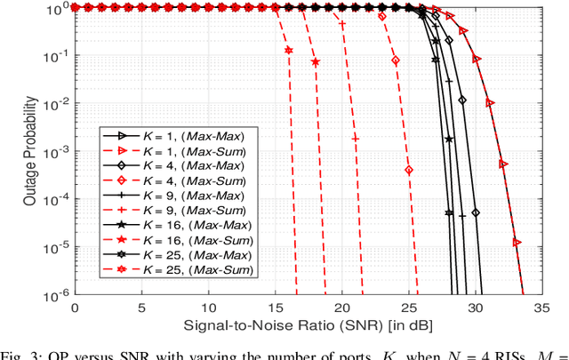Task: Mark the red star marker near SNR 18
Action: pyautogui.click(x=316, y=62)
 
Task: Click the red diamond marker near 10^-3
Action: pyautogui.click(x=409, y=169)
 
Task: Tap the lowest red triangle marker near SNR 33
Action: pyautogui.click(x=517, y=241)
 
